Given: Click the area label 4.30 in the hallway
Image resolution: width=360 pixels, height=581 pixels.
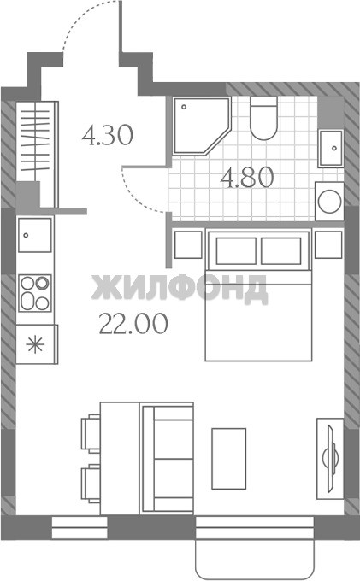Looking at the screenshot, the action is pyautogui.click(x=107, y=135).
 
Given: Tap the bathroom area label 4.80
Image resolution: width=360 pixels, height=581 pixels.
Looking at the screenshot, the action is pyautogui.click(x=247, y=178).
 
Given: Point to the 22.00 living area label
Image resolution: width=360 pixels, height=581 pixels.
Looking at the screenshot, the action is pyautogui.click(x=133, y=323).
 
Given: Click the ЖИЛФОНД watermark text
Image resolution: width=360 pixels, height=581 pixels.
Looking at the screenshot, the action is pyautogui.click(x=180, y=288).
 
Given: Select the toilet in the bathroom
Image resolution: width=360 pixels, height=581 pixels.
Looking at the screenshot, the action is pyautogui.click(x=263, y=118).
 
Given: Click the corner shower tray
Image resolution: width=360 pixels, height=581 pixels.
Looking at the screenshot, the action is pyautogui.click(x=200, y=126).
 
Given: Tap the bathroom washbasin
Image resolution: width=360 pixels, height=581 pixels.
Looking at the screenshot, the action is pyautogui.click(x=330, y=148).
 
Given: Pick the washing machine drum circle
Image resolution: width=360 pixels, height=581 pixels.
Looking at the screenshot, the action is pyautogui.click(x=329, y=201).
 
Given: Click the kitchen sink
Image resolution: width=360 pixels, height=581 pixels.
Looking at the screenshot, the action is pyautogui.click(x=35, y=235).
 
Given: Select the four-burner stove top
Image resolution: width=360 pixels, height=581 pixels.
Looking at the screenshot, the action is pyautogui.click(x=35, y=293).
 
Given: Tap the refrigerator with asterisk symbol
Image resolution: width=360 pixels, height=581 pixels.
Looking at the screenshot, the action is pyautogui.click(x=37, y=344).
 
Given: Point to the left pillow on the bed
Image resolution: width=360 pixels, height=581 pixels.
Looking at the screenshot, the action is pyautogui.click(x=236, y=251).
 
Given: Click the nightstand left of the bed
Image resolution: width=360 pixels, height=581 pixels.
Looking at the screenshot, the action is pyautogui.click(x=188, y=244).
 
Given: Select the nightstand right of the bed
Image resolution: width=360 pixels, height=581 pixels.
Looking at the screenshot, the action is pyautogui.click(x=328, y=244).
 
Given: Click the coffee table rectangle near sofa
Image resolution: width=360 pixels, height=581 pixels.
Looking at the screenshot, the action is pyautogui.click(x=229, y=459).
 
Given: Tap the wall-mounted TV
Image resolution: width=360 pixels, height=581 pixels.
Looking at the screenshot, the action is pyautogui.click(x=330, y=459).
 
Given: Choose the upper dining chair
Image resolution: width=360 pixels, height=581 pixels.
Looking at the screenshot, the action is pyautogui.click(x=91, y=433).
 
